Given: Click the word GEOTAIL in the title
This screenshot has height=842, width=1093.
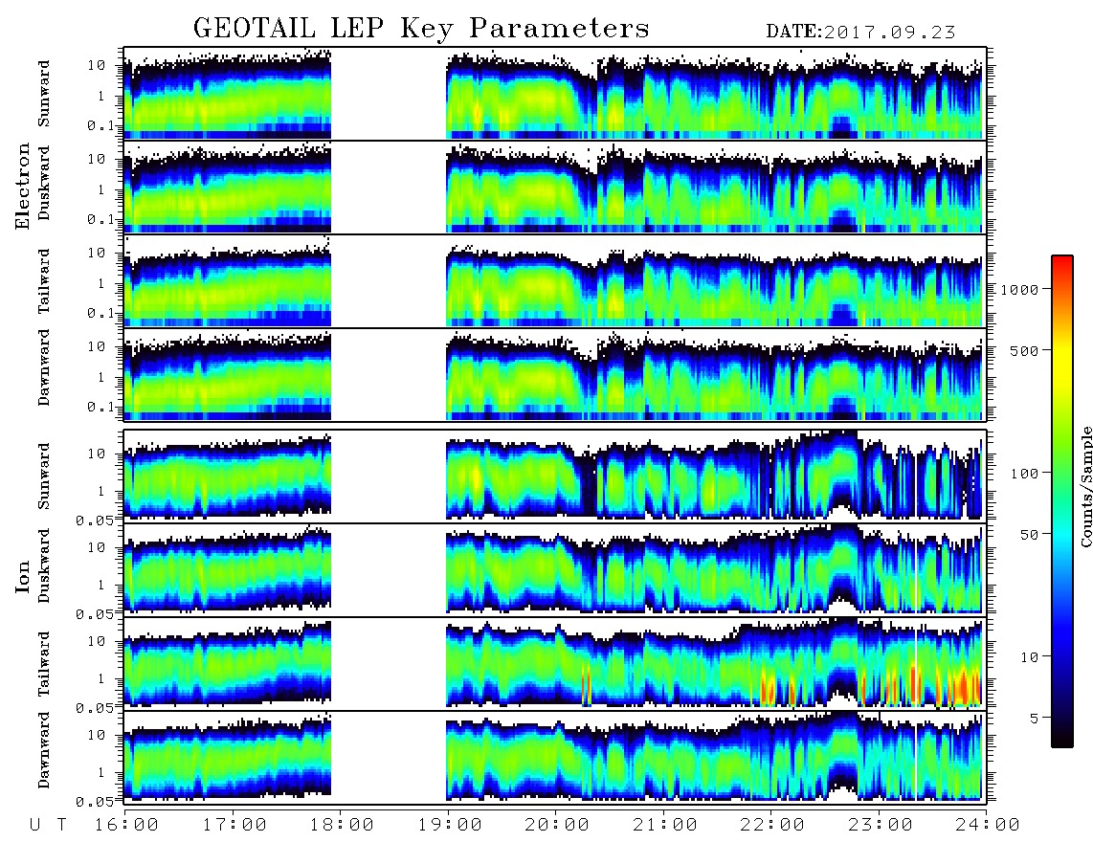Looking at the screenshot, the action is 254,29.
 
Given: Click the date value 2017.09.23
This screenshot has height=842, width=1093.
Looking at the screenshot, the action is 889,33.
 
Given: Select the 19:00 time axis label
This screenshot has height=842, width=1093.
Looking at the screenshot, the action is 450,825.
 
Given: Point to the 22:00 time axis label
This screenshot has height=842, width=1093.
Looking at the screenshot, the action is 772,825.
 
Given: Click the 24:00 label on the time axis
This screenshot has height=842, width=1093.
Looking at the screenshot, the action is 988,825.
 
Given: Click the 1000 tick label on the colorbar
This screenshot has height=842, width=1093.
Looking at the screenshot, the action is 1019,289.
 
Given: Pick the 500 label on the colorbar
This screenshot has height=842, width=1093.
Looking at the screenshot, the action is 1024,350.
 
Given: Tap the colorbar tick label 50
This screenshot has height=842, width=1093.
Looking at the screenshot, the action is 1029,535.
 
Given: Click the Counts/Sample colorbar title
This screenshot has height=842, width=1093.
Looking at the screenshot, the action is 1085,486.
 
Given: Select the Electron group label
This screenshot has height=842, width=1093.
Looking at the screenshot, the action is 23,187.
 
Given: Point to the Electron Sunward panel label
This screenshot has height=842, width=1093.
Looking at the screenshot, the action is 44,94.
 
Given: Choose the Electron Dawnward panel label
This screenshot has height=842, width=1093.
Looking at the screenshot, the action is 44,367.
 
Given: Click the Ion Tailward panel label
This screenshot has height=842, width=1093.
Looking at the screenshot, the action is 44,664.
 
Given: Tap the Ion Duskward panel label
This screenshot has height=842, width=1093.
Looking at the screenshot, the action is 44,565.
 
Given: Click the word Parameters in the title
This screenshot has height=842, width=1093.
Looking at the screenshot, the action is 559,29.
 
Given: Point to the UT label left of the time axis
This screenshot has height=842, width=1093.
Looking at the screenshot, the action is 48,825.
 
